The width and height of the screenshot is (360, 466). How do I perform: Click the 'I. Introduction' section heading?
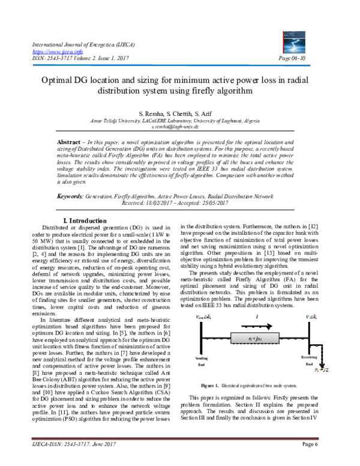[98, 204]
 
